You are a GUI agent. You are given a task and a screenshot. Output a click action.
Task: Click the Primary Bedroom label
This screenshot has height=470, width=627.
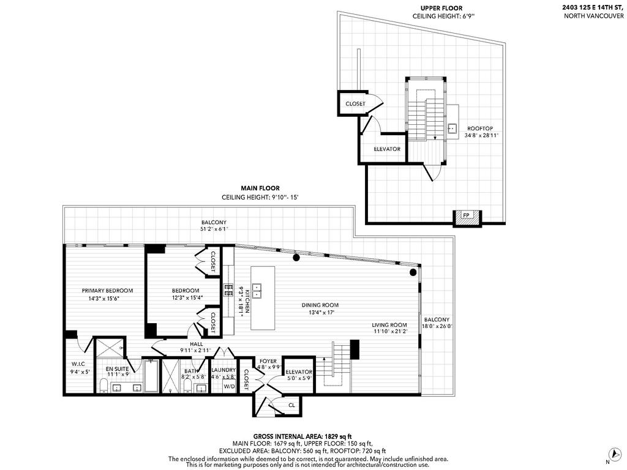tap(107, 291)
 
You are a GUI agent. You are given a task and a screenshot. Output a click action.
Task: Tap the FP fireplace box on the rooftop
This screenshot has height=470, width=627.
tap(466, 215)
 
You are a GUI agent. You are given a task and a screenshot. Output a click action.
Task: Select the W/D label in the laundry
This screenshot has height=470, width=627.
tap(229, 386)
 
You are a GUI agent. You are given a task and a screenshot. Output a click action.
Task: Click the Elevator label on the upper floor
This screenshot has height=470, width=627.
tap(387, 149)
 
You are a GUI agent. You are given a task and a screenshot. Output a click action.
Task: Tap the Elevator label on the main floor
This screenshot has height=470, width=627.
tap(299, 372)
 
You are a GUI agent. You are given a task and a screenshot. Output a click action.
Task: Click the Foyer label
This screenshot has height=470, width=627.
tap(268, 361)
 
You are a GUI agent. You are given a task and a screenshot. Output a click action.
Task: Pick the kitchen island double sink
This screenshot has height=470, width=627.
tap(258, 289)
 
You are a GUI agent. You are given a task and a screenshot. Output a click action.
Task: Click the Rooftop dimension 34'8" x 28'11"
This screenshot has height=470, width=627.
tap(481, 136)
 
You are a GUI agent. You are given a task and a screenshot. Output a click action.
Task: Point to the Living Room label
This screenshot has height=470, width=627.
tap(389, 325)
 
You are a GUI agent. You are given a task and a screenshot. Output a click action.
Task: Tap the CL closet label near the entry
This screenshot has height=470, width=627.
tap(291, 405)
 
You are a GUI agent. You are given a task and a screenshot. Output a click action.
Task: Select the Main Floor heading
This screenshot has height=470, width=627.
tap(260, 188)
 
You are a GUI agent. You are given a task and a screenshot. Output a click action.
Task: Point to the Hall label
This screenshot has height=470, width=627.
tap(196, 344)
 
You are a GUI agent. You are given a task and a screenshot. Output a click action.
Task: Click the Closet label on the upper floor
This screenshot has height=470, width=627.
tap(355, 104)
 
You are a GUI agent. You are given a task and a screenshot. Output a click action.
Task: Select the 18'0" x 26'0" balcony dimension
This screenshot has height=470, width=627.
tap(437, 326)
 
